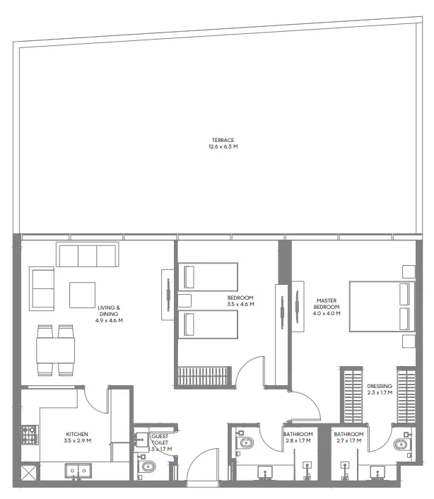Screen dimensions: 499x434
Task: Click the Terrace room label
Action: coord(221,143)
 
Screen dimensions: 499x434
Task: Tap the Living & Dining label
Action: coord(109,314)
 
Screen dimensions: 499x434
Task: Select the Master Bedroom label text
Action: coord(327,305)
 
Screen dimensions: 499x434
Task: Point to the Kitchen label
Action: coord(77,438)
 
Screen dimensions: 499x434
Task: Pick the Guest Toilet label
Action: coord(160,442)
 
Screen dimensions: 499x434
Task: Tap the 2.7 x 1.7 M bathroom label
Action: coord(348,438)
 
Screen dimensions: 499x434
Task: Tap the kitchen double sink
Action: coord(76,469)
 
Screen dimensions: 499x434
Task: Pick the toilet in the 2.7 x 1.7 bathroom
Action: coord(401,445)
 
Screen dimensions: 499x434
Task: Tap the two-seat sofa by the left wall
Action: coord(42,289)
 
